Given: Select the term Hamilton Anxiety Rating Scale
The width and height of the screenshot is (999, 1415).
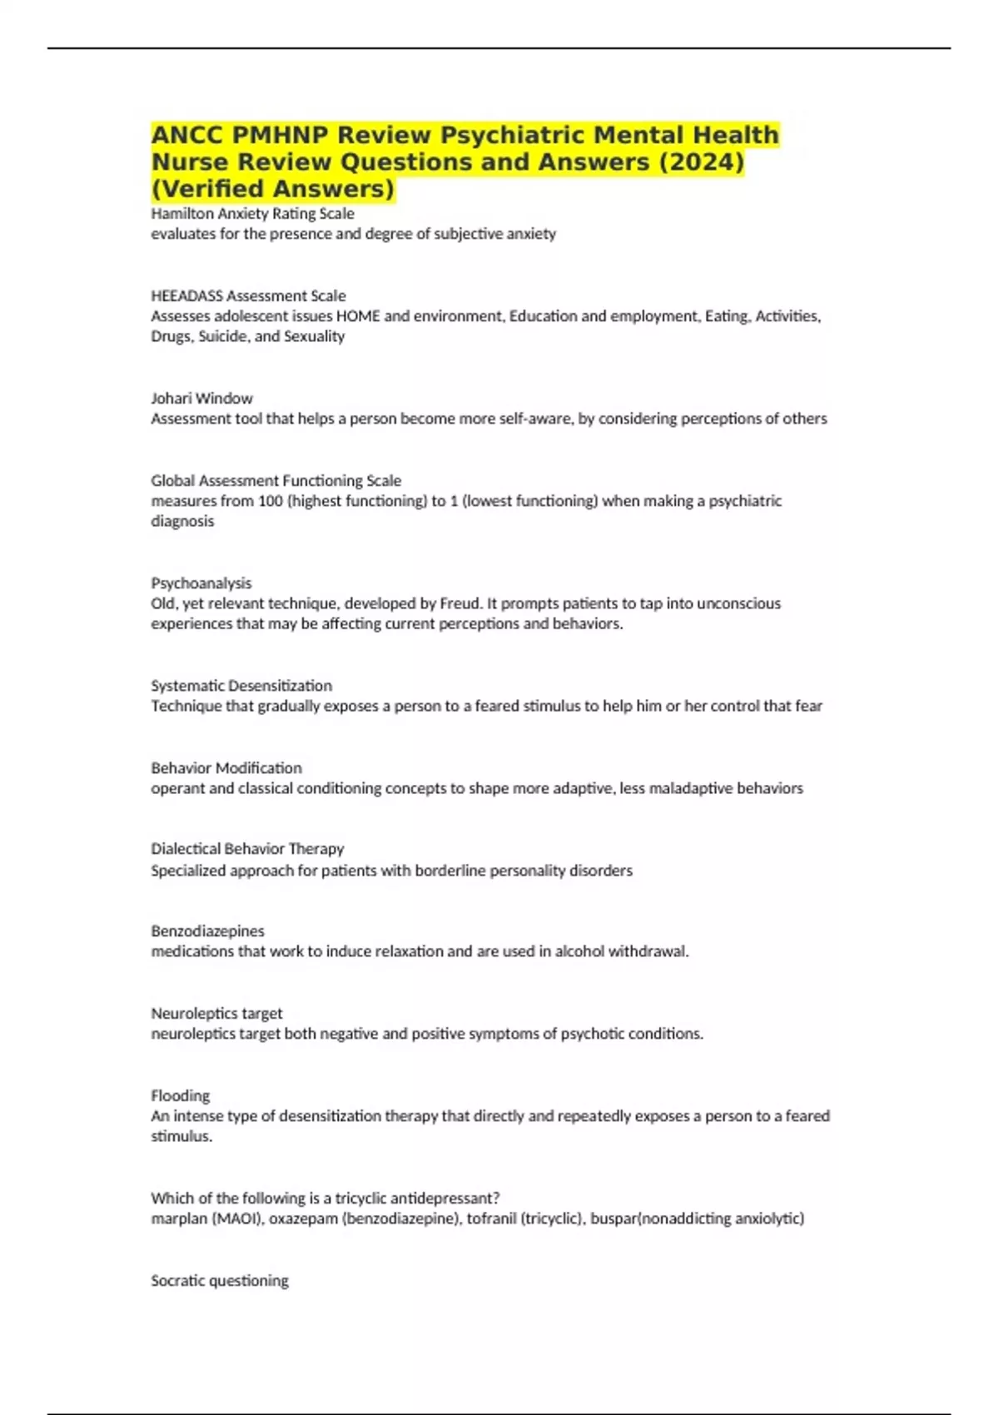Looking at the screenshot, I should [x=252, y=214].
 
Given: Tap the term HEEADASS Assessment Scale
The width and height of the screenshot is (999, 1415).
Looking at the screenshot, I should [x=248, y=295].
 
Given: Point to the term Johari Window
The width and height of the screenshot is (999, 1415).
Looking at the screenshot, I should [x=201, y=399].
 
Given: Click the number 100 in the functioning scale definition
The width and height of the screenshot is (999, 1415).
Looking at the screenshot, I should [x=271, y=501].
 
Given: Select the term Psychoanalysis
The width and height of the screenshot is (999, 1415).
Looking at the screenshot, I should [x=201, y=583].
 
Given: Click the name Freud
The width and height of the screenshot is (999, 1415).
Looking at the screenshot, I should [x=459, y=603].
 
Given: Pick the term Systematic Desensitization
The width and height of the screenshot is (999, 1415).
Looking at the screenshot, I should [x=241, y=686].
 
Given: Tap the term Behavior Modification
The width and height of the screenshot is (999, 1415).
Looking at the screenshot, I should [x=226, y=768].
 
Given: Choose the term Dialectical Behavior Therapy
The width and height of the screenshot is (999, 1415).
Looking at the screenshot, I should [x=247, y=849].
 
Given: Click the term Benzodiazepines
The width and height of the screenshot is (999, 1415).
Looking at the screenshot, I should [x=207, y=931].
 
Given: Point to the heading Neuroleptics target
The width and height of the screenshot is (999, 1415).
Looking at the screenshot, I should [x=216, y=1014].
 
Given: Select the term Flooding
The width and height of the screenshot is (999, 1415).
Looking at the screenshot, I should [x=180, y=1096].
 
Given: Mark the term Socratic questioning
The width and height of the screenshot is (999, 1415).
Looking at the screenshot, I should [x=220, y=1281].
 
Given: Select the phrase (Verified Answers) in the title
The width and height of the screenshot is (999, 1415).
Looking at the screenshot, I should [x=272, y=189].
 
